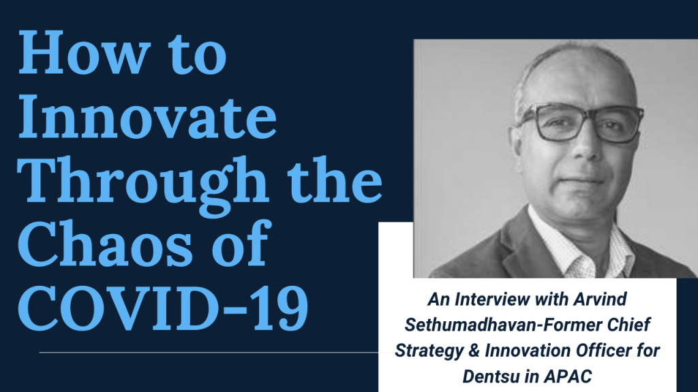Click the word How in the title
(x=82, y=52)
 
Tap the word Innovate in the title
(x=147, y=116)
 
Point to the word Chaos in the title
(x=106, y=243)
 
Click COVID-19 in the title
(x=163, y=308)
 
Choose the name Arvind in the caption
(x=600, y=299)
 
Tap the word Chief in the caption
(x=629, y=325)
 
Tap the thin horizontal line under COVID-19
(x=209, y=353)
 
